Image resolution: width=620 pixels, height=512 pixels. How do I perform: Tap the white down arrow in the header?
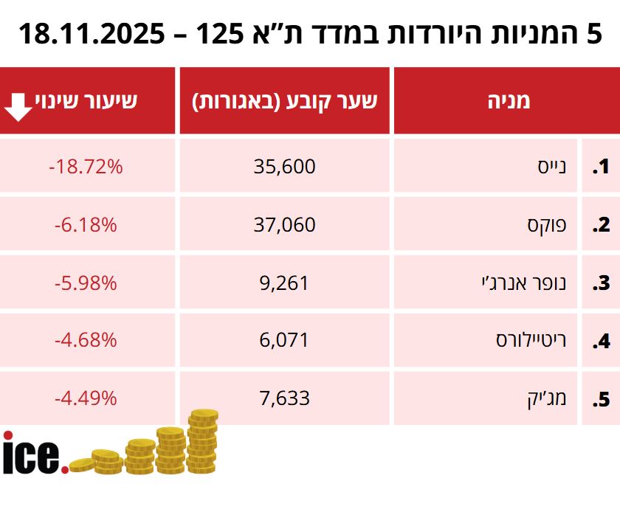coord(18,108)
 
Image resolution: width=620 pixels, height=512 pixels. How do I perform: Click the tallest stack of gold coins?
coord(202,441)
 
